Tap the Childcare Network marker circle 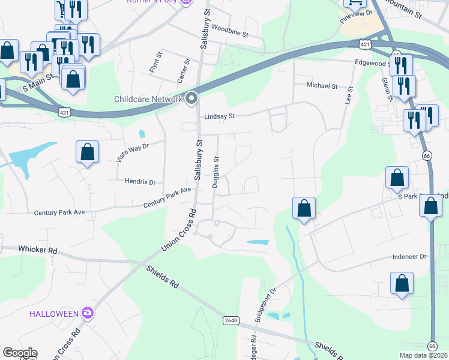point(192,98)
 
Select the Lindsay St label point(218,118)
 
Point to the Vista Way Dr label point(132,152)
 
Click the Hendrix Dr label point(140,181)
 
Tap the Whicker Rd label point(37,249)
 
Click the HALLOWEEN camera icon point(88,313)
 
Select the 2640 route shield point(231,320)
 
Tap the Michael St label point(322,86)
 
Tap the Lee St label point(348,95)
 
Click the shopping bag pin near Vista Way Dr point(88,152)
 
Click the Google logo point(20,353)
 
